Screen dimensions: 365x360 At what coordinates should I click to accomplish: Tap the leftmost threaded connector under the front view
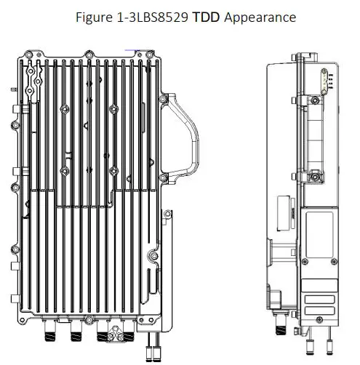coord(52,335)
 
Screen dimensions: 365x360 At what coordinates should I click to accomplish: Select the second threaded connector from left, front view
coord(75,335)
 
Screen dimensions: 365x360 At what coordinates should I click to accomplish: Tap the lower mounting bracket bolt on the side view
coord(314,177)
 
